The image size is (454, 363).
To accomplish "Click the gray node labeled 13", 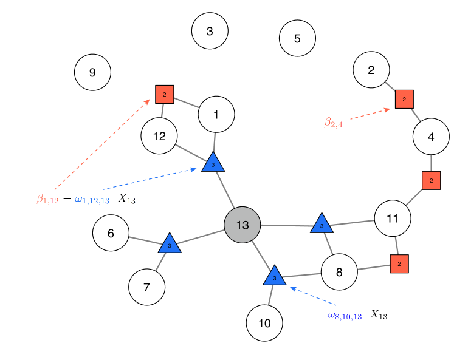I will point(242,225).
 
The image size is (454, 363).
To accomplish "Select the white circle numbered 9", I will point(92,73).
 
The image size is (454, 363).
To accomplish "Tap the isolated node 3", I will point(210,31).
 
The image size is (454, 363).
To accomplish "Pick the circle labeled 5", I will point(297,38).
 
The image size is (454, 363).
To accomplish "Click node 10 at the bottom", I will point(264,323).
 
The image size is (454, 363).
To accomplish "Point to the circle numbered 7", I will point(146,287).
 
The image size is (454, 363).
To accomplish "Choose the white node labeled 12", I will point(159,136).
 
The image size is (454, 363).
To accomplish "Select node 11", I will point(392,219).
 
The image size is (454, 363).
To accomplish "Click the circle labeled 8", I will point(339,272).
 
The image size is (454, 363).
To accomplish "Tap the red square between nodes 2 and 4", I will point(404,99).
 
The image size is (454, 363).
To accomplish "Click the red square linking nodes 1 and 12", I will point(164,94).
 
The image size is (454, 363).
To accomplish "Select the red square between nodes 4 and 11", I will point(431,180).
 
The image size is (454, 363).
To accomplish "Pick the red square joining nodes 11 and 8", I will point(399,263).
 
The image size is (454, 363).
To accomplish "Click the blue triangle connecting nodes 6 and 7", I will point(170,244).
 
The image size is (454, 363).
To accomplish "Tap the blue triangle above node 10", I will point(275,276).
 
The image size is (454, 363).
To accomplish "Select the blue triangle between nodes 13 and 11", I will point(322,224).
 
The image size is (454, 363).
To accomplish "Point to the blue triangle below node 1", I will point(213,163).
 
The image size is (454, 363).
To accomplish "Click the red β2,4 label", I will point(333,124).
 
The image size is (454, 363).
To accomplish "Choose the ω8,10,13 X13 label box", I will point(357,316).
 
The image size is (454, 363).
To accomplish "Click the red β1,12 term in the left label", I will point(48,199).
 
